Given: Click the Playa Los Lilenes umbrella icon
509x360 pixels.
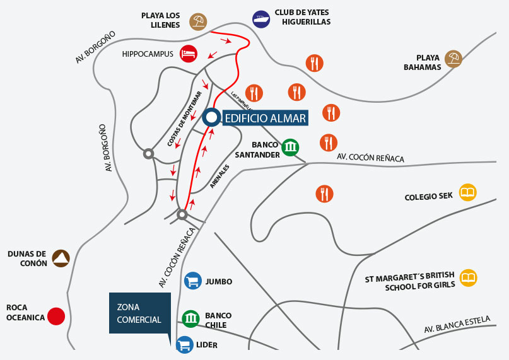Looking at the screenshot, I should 199,22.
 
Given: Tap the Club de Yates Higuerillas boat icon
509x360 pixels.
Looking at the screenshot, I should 260,19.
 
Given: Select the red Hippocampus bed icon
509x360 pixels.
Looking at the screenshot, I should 188,53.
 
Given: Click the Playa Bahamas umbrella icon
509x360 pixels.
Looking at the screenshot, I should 453,59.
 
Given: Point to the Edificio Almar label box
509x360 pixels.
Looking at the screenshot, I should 265,118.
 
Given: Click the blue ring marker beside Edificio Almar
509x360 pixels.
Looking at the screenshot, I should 212,117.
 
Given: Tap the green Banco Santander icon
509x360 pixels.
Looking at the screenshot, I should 290,148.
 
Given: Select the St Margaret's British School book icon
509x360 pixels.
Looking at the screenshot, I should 468,277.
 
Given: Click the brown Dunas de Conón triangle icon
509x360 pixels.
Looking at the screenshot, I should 61,257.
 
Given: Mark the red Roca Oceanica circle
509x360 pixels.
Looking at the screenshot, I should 57,316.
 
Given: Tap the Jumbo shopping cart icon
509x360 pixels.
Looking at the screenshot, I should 192,281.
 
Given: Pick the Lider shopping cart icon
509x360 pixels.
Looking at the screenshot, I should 185,345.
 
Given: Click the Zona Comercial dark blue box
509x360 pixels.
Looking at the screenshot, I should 139,313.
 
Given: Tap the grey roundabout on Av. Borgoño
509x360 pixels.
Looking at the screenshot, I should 148,153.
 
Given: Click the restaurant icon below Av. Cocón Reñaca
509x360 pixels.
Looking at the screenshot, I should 324,193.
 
